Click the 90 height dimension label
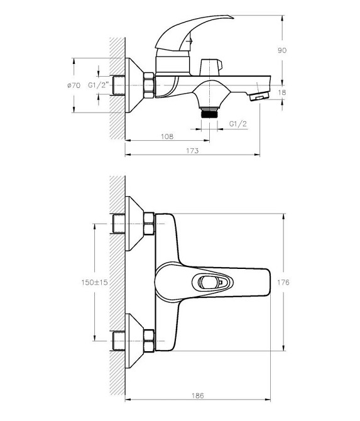tap(282, 50)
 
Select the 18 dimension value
tap(282, 92)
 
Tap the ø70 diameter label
tap(74, 85)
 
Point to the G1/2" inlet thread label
tap(99, 85)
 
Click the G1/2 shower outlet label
tap(238, 124)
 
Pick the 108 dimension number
tap(167, 136)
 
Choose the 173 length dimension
tap(192, 151)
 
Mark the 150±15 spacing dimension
tap(94, 282)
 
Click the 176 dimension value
tap(283, 282)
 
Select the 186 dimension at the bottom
tap(198, 395)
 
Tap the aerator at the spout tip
tap(259, 96)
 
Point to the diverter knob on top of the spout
tap(210, 67)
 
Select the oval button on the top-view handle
tap(212, 282)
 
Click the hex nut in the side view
tap(150, 85)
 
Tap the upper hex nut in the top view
tap(150, 224)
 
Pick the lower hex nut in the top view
tap(150, 341)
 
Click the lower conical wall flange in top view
tap(135, 341)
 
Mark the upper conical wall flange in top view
tap(135, 224)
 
